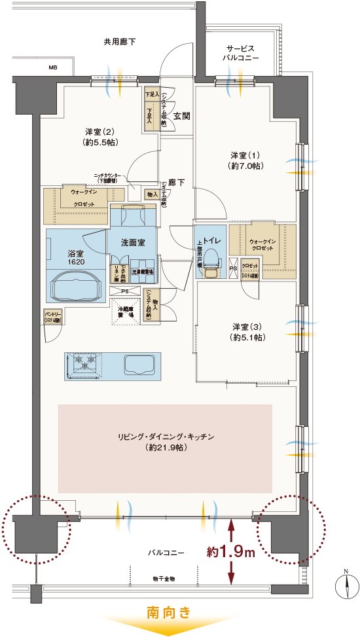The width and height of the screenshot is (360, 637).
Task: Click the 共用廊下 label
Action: pos(120,41)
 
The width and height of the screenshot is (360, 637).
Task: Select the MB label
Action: pos(52,67)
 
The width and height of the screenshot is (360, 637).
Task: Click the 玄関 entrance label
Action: pos(182,116)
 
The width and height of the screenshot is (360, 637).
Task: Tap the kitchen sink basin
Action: pos(138,363)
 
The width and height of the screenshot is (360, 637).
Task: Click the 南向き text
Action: pos(169,613)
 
